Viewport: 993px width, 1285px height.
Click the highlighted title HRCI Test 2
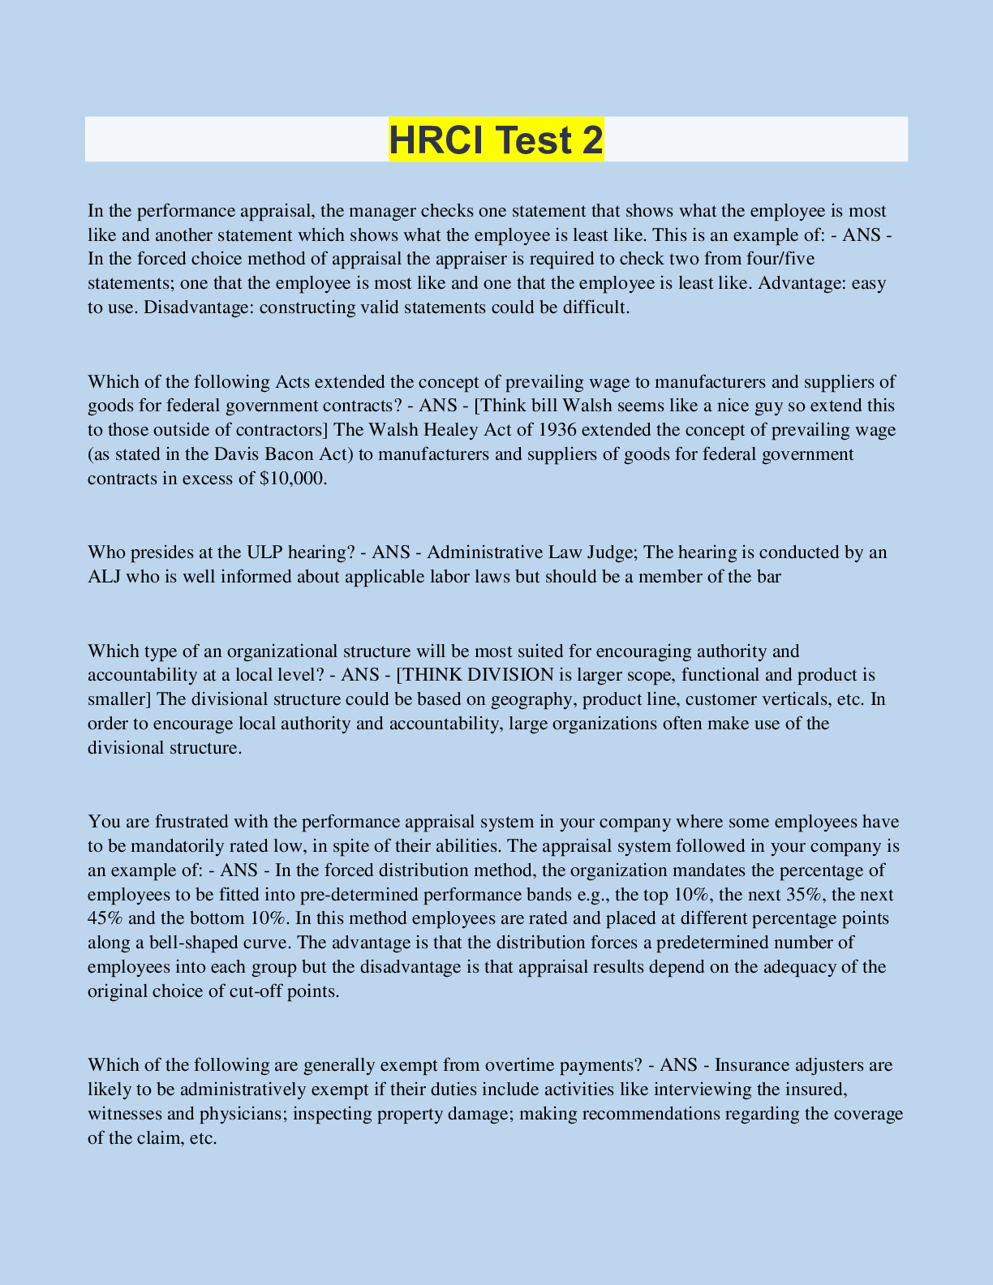click(x=496, y=140)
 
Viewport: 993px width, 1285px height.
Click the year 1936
click(x=556, y=429)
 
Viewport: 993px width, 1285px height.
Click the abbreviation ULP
click(x=265, y=552)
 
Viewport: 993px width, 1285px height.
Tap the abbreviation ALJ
click(x=104, y=577)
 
